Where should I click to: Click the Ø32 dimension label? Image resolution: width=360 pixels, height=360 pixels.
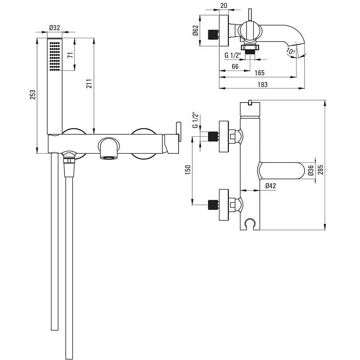(x=54, y=28)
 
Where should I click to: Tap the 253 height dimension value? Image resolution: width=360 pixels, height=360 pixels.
(x=33, y=95)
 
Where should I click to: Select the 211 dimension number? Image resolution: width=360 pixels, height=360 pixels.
(x=89, y=84)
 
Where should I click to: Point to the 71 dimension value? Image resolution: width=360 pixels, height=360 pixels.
(x=70, y=55)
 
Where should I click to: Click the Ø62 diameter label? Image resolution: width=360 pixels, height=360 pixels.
(x=195, y=30)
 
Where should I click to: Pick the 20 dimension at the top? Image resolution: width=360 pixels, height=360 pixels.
(x=224, y=6)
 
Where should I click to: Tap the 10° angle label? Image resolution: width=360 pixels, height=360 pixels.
(x=291, y=51)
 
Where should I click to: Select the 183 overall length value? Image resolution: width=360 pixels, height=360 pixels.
(x=262, y=85)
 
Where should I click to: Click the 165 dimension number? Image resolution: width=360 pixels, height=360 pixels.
(x=260, y=73)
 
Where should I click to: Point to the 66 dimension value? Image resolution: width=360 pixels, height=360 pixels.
(x=235, y=66)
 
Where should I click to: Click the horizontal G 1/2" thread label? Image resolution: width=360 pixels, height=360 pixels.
(x=233, y=55)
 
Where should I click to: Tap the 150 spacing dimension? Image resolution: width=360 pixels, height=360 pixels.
(x=188, y=170)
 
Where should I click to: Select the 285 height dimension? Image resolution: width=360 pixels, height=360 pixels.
(x=321, y=170)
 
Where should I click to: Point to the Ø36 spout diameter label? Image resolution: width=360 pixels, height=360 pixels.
(x=311, y=170)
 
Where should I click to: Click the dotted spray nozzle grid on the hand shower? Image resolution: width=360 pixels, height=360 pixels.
(x=55, y=56)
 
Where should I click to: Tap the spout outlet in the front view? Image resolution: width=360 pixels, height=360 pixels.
(x=109, y=158)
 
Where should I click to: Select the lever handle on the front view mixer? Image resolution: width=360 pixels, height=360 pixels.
(x=178, y=131)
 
